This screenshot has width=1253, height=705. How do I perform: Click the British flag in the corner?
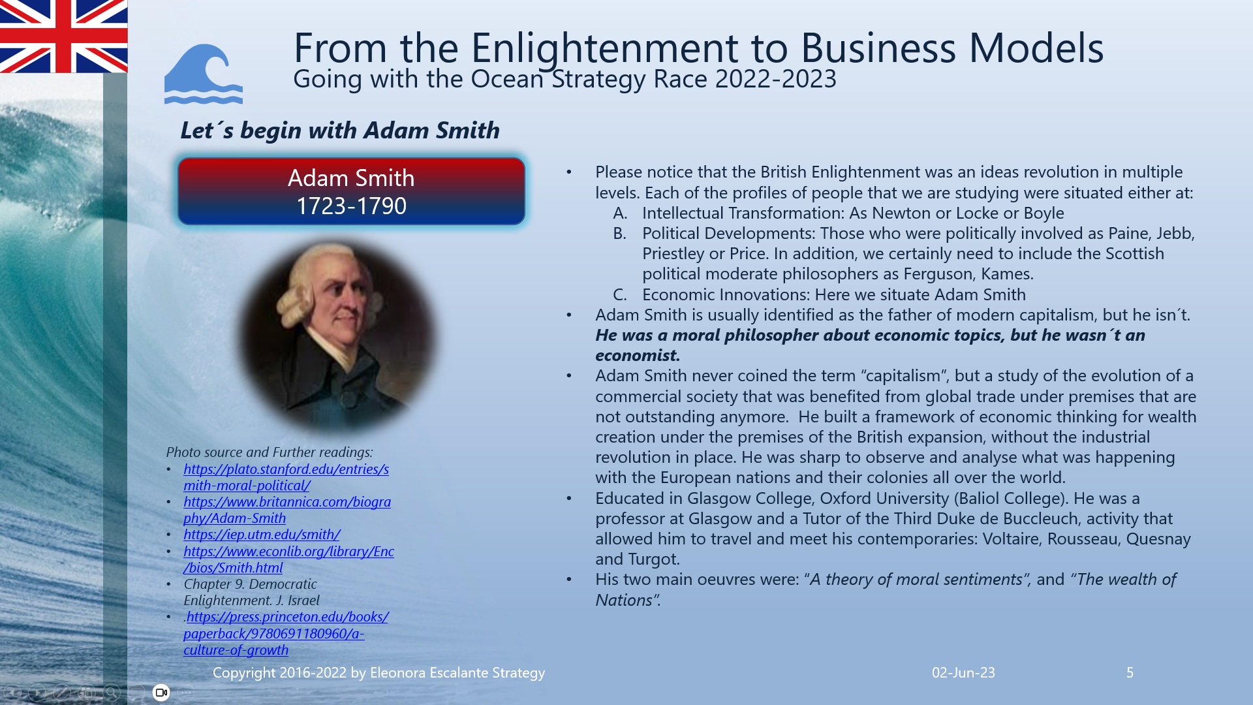pos(63,36)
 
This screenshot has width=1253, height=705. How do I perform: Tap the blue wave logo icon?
pos(203,74)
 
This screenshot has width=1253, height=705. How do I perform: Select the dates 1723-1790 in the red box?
pos(351,206)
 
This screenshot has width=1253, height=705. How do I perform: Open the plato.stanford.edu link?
pos(286,477)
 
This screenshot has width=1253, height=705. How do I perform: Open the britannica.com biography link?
pos(286,510)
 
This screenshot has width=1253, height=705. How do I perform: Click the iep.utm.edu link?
pos(262,535)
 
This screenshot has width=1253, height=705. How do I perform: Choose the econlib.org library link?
pos(288,559)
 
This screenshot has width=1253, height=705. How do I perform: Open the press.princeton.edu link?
pos(286,633)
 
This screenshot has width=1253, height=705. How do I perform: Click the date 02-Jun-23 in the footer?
pos(963,672)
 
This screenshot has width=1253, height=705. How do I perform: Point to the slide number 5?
pos(1130,672)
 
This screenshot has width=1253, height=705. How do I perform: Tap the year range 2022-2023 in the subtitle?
pos(775,79)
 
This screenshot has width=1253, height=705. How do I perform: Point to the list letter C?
pos(619,295)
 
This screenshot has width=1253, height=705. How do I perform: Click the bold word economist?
pos(637,356)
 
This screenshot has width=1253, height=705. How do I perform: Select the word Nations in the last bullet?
pos(623,601)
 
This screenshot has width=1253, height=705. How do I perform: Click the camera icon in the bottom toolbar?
pos(161,693)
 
